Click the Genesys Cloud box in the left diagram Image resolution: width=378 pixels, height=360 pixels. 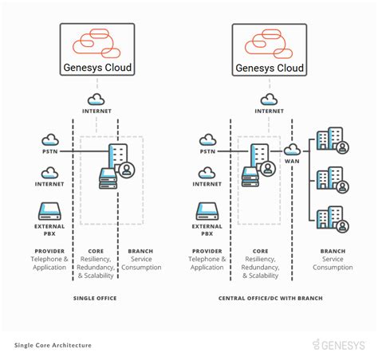tap(96, 49)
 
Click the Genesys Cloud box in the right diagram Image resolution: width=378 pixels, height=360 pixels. tap(269, 49)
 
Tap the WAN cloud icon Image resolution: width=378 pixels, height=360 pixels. tap(291, 149)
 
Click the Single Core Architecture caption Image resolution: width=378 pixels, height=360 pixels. tap(53, 345)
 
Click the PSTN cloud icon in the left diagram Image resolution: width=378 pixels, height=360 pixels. tap(50, 140)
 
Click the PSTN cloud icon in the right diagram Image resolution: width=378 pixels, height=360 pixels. tap(207, 140)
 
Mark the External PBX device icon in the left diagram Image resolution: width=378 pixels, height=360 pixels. tap(50, 210)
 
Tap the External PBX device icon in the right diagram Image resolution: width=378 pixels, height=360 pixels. tap(207, 210)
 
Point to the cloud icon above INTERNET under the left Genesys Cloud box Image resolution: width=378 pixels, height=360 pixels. tap(96, 99)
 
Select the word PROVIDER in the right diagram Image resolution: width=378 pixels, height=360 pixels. tap(207, 251)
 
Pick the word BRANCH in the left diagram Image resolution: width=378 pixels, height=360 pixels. tap(140, 251)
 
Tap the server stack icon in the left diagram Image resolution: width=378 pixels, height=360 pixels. tap(107, 178)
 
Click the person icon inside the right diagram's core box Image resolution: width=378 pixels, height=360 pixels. tap(268, 168)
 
